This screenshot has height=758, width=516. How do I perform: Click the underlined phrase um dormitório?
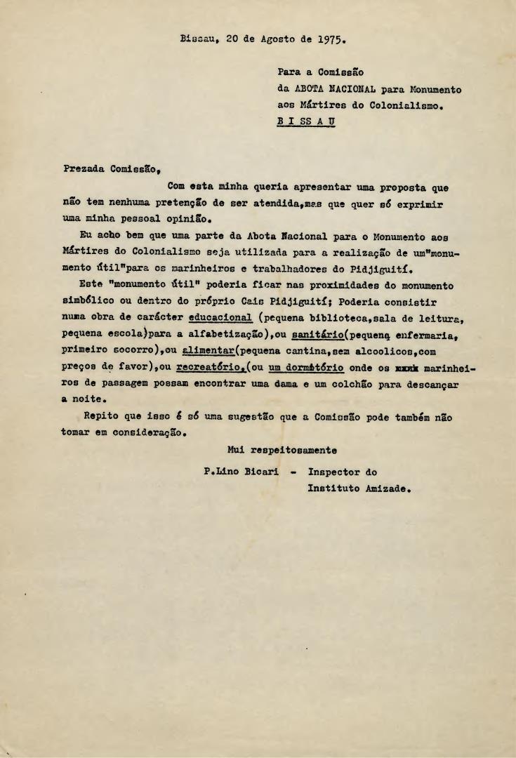coord(306,366)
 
